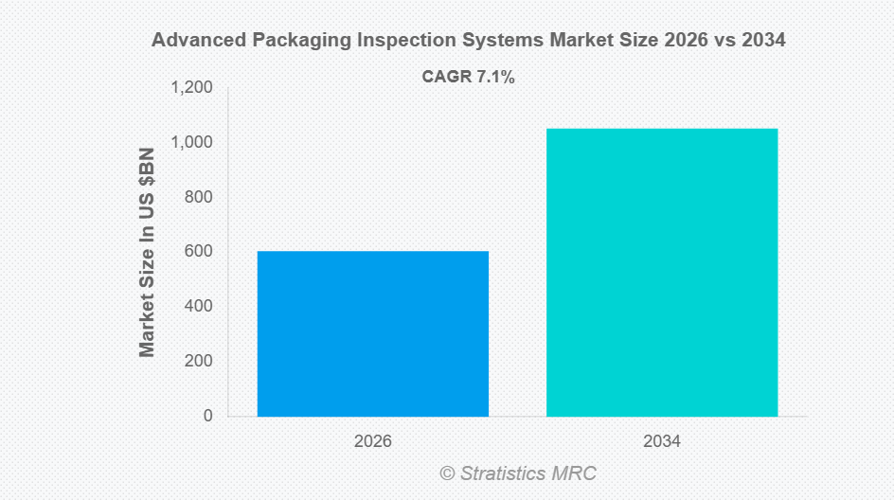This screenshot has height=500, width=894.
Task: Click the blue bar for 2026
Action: tap(372, 333)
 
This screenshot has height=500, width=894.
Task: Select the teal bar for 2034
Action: tap(662, 272)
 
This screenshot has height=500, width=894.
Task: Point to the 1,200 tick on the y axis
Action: tap(192, 88)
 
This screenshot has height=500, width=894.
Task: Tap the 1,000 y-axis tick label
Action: tap(192, 143)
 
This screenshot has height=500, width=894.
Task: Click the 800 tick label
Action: tap(200, 197)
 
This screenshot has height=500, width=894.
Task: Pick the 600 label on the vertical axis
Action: tap(200, 252)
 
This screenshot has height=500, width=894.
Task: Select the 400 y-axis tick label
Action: tap(200, 307)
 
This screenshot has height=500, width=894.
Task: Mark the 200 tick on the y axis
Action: tap(200, 362)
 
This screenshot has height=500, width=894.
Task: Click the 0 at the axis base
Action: tap(207, 416)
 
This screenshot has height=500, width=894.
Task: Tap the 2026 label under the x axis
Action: tap(372, 441)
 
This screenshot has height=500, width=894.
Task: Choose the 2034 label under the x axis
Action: tap(662, 441)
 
